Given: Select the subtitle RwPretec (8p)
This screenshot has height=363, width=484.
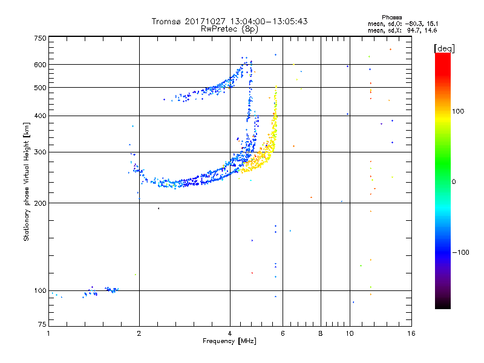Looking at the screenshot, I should click(230, 28).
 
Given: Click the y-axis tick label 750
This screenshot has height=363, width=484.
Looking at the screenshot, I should click(39, 38).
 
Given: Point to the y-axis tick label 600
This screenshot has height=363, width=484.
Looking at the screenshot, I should click(39, 65).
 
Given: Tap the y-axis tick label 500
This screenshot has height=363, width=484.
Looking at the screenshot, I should click(39, 88).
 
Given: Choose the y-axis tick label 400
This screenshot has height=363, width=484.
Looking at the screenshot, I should click(39, 116).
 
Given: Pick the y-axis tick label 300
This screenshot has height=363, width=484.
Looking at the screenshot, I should click(39, 152).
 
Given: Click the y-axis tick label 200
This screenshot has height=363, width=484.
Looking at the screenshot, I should click(39, 203).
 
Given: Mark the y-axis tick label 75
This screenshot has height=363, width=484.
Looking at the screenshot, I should click(41, 327).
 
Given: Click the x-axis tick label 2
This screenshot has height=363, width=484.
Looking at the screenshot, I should click(139, 333).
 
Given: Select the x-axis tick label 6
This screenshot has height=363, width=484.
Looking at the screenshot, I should click(283, 333).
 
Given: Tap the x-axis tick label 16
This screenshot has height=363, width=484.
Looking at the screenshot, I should click(410, 333).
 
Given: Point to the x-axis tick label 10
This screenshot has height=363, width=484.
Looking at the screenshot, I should click(350, 333).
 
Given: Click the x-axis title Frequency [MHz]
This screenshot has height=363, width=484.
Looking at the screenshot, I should click(230, 342).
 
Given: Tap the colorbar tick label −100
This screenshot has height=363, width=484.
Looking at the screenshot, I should click(462, 252).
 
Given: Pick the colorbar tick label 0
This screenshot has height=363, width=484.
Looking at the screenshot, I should click(455, 181).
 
